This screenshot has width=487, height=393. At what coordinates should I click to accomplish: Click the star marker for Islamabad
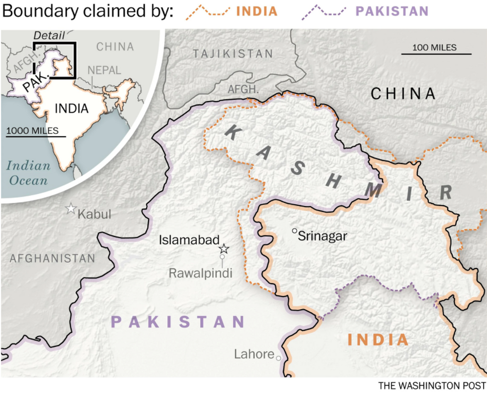point(224,249)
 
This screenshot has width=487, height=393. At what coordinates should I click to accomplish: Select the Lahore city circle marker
point(279,358)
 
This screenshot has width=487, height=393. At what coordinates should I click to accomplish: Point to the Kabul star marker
point(71,209)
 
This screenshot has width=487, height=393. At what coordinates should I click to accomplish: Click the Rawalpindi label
point(200,273)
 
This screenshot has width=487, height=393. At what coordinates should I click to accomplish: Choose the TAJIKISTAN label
point(233,54)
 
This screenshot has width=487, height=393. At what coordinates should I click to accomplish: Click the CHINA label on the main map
point(403,94)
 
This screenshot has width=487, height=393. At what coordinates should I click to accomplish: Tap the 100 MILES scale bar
point(436,53)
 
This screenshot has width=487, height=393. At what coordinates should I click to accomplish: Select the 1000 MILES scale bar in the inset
point(36,136)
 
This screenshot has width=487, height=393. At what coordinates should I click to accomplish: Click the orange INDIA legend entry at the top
point(255,11)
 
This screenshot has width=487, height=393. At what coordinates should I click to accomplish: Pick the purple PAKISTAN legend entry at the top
point(392,11)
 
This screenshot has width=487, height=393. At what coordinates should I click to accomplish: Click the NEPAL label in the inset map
point(105,71)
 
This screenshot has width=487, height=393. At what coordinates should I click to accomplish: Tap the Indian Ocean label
point(28,173)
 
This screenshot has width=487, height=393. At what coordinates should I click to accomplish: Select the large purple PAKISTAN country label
point(178,322)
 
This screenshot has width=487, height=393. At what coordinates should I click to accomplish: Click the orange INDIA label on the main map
point(378,339)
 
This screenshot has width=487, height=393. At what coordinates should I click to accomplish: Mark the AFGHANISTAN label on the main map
point(52,258)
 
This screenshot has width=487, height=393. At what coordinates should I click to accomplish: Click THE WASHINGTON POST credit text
point(431,385)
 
